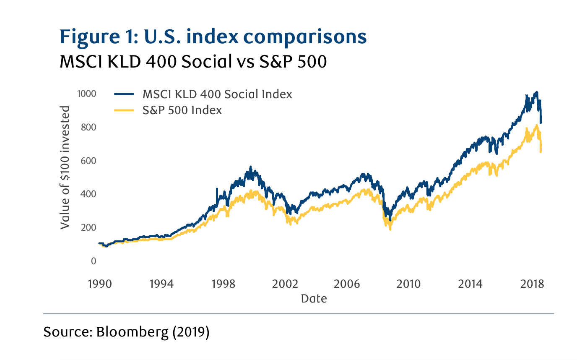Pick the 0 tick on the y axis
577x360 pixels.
coord(93,261)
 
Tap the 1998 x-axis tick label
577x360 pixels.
coord(223,284)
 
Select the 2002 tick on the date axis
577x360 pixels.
coord(285,284)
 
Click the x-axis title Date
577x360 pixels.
coord(314,299)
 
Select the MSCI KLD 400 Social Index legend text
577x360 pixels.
coord(217,94)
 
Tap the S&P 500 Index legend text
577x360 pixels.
coord(182,110)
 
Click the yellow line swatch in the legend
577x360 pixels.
coord(124,110)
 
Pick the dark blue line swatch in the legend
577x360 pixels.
coord(124,94)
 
